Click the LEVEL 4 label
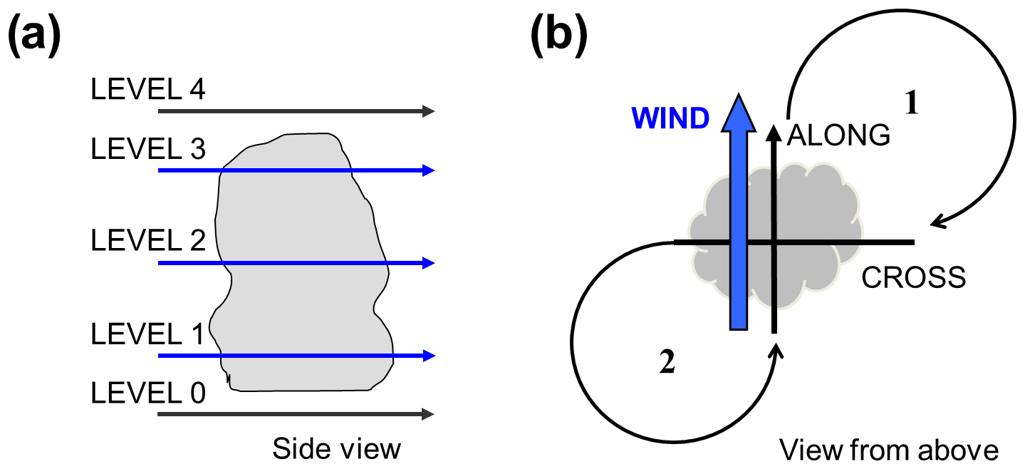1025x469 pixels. coord(147,91)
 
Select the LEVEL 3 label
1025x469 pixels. coord(147,150)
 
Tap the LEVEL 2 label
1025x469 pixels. coord(147,242)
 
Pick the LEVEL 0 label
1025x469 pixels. coord(147,393)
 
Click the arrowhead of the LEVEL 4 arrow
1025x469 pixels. coord(429,111)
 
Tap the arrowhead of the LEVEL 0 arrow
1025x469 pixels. coord(429,414)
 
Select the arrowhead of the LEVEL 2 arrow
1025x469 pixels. coord(429,263)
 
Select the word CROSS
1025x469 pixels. coord(914,277)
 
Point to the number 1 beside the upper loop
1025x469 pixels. coord(912,104)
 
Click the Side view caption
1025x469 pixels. coord(337,450)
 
